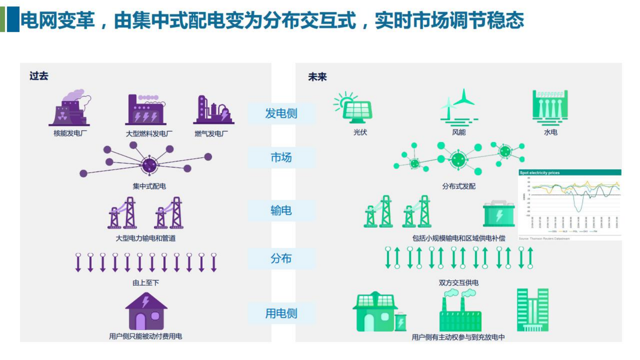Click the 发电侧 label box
click(x=281, y=113)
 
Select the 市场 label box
click(x=281, y=158)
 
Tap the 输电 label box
click(x=281, y=211)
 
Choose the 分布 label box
click(x=281, y=259)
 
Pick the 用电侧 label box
click(x=281, y=313)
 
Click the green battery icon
click(x=499, y=214)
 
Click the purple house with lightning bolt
click(x=146, y=312)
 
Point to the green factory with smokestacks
click(x=460, y=312)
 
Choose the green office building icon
click(x=532, y=310)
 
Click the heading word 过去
click(x=39, y=76)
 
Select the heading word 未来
click(x=317, y=77)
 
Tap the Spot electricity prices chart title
click(x=539, y=173)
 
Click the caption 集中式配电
click(x=149, y=186)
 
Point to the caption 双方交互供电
click(x=458, y=283)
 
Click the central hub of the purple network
click(x=149, y=164)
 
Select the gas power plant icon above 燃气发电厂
click(x=213, y=110)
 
